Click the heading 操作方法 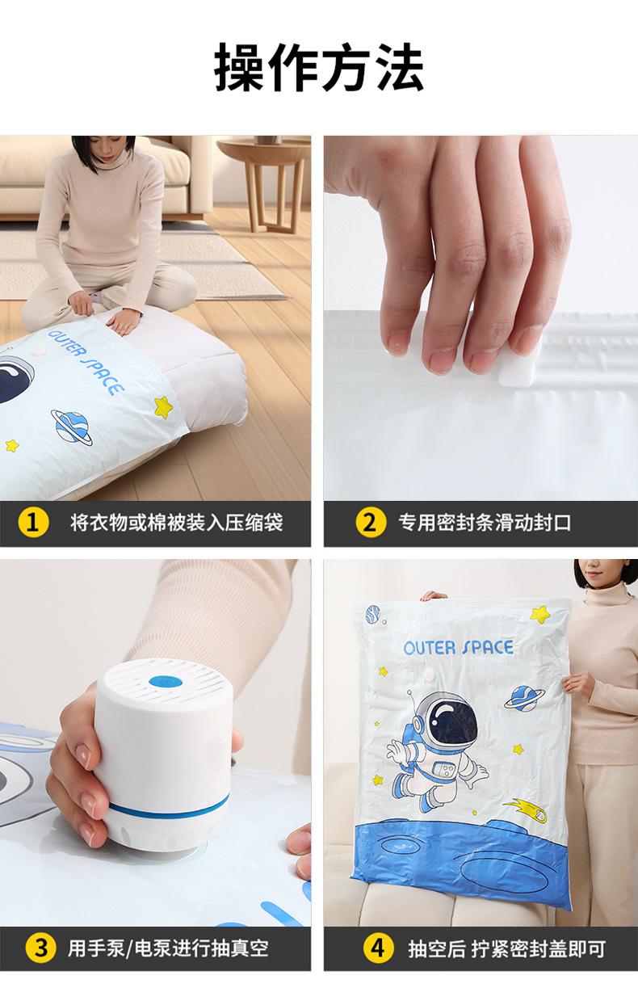319,67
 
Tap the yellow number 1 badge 33,523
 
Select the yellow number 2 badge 371,523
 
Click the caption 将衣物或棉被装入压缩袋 176,523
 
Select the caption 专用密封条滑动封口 485,523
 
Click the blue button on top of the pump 166,682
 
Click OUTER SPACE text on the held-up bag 459,648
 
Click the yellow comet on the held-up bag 527,809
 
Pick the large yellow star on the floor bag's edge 163,406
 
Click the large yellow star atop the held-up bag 539,613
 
